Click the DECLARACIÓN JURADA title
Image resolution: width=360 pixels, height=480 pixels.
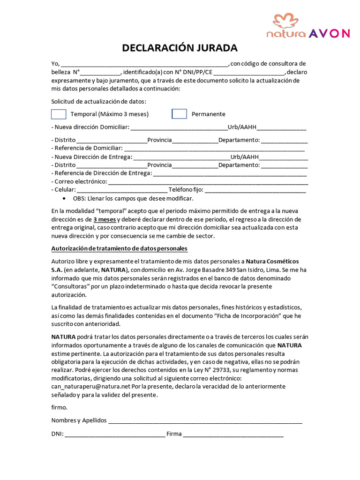(x=180, y=48)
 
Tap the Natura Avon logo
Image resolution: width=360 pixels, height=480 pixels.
(x=308, y=26)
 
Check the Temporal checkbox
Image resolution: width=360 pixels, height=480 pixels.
(x=59, y=114)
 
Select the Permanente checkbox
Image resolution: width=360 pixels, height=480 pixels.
(x=179, y=114)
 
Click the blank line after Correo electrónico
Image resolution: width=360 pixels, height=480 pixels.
(x=208, y=182)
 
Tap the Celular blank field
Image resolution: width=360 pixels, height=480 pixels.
(x=122, y=190)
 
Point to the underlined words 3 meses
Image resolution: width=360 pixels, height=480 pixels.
(x=105, y=219)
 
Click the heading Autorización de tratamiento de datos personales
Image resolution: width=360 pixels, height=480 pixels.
(x=119, y=248)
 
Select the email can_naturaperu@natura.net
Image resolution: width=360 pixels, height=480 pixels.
(x=90, y=387)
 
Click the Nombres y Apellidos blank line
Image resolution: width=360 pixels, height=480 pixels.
(x=205, y=421)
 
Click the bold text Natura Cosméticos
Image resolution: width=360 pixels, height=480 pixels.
(x=272, y=261)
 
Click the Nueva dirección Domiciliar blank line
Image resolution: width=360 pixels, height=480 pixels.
(x=179, y=128)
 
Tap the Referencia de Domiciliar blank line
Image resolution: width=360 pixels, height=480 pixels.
(x=214, y=149)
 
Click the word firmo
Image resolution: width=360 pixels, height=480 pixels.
(x=59, y=407)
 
